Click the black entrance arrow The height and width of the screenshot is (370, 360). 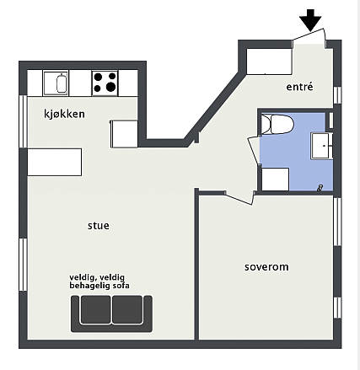[x=310, y=20]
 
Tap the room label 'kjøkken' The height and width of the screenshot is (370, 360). [x=64, y=114]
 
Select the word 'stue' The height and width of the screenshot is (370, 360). [x=99, y=226]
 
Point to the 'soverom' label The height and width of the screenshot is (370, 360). [x=266, y=267]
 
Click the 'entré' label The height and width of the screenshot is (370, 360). [x=299, y=87]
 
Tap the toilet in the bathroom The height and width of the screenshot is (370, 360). [x=277, y=124]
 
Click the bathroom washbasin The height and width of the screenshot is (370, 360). [x=322, y=146]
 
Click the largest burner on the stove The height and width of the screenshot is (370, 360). [x=110, y=87]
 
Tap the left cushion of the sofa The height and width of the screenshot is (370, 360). [x=95, y=309]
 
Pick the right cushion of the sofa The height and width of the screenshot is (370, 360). [x=127, y=309]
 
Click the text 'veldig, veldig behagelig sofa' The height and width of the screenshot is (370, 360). [x=99, y=282]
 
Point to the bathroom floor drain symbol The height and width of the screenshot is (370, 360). [x=320, y=188]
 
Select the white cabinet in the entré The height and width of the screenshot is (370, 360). [x=269, y=62]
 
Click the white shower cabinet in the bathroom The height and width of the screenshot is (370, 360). [x=275, y=180]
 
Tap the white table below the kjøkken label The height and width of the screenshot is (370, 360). [x=55, y=162]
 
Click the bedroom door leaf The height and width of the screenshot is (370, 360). [x=239, y=198]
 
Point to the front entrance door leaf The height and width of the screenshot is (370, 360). [x=309, y=34]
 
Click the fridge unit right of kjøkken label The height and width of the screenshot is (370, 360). [x=124, y=134]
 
